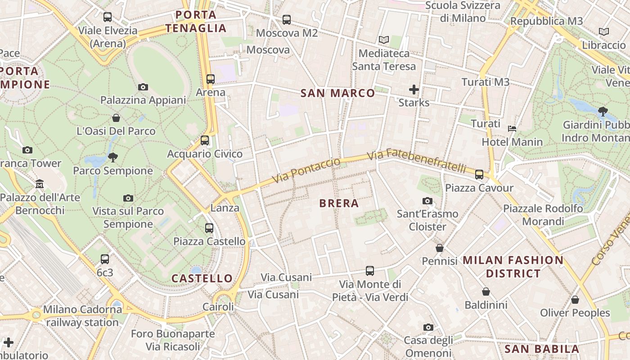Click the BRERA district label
pyautogui.click(x=339, y=203)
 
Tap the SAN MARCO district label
pyautogui.click(x=337, y=93)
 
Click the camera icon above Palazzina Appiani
pyautogui.click(x=143, y=87)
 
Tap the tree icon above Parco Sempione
pyautogui.click(x=112, y=157)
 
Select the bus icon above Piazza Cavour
pyautogui.click(x=479, y=175)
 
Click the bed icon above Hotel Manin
pyautogui.click(x=512, y=129)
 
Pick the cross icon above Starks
pyautogui.click(x=414, y=90)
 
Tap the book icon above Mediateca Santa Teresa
pyautogui.click(x=383, y=40)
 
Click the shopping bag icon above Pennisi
pyautogui.click(x=440, y=248)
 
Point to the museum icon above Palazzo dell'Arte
pyautogui.click(x=40, y=184)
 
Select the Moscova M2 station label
pyautogui.click(x=287, y=33)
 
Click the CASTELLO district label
pyautogui.click(x=202, y=279)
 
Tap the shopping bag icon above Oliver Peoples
pyautogui.click(x=575, y=300)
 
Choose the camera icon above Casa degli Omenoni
pyautogui.click(x=428, y=327)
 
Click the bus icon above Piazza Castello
pyautogui.click(x=209, y=228)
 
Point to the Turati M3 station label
pyautogui.click(x=486, y=82)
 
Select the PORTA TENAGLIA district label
pyautogui.click(x=196, y=22)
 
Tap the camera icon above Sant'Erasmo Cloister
pyautogui.click(x=427, y=201)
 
